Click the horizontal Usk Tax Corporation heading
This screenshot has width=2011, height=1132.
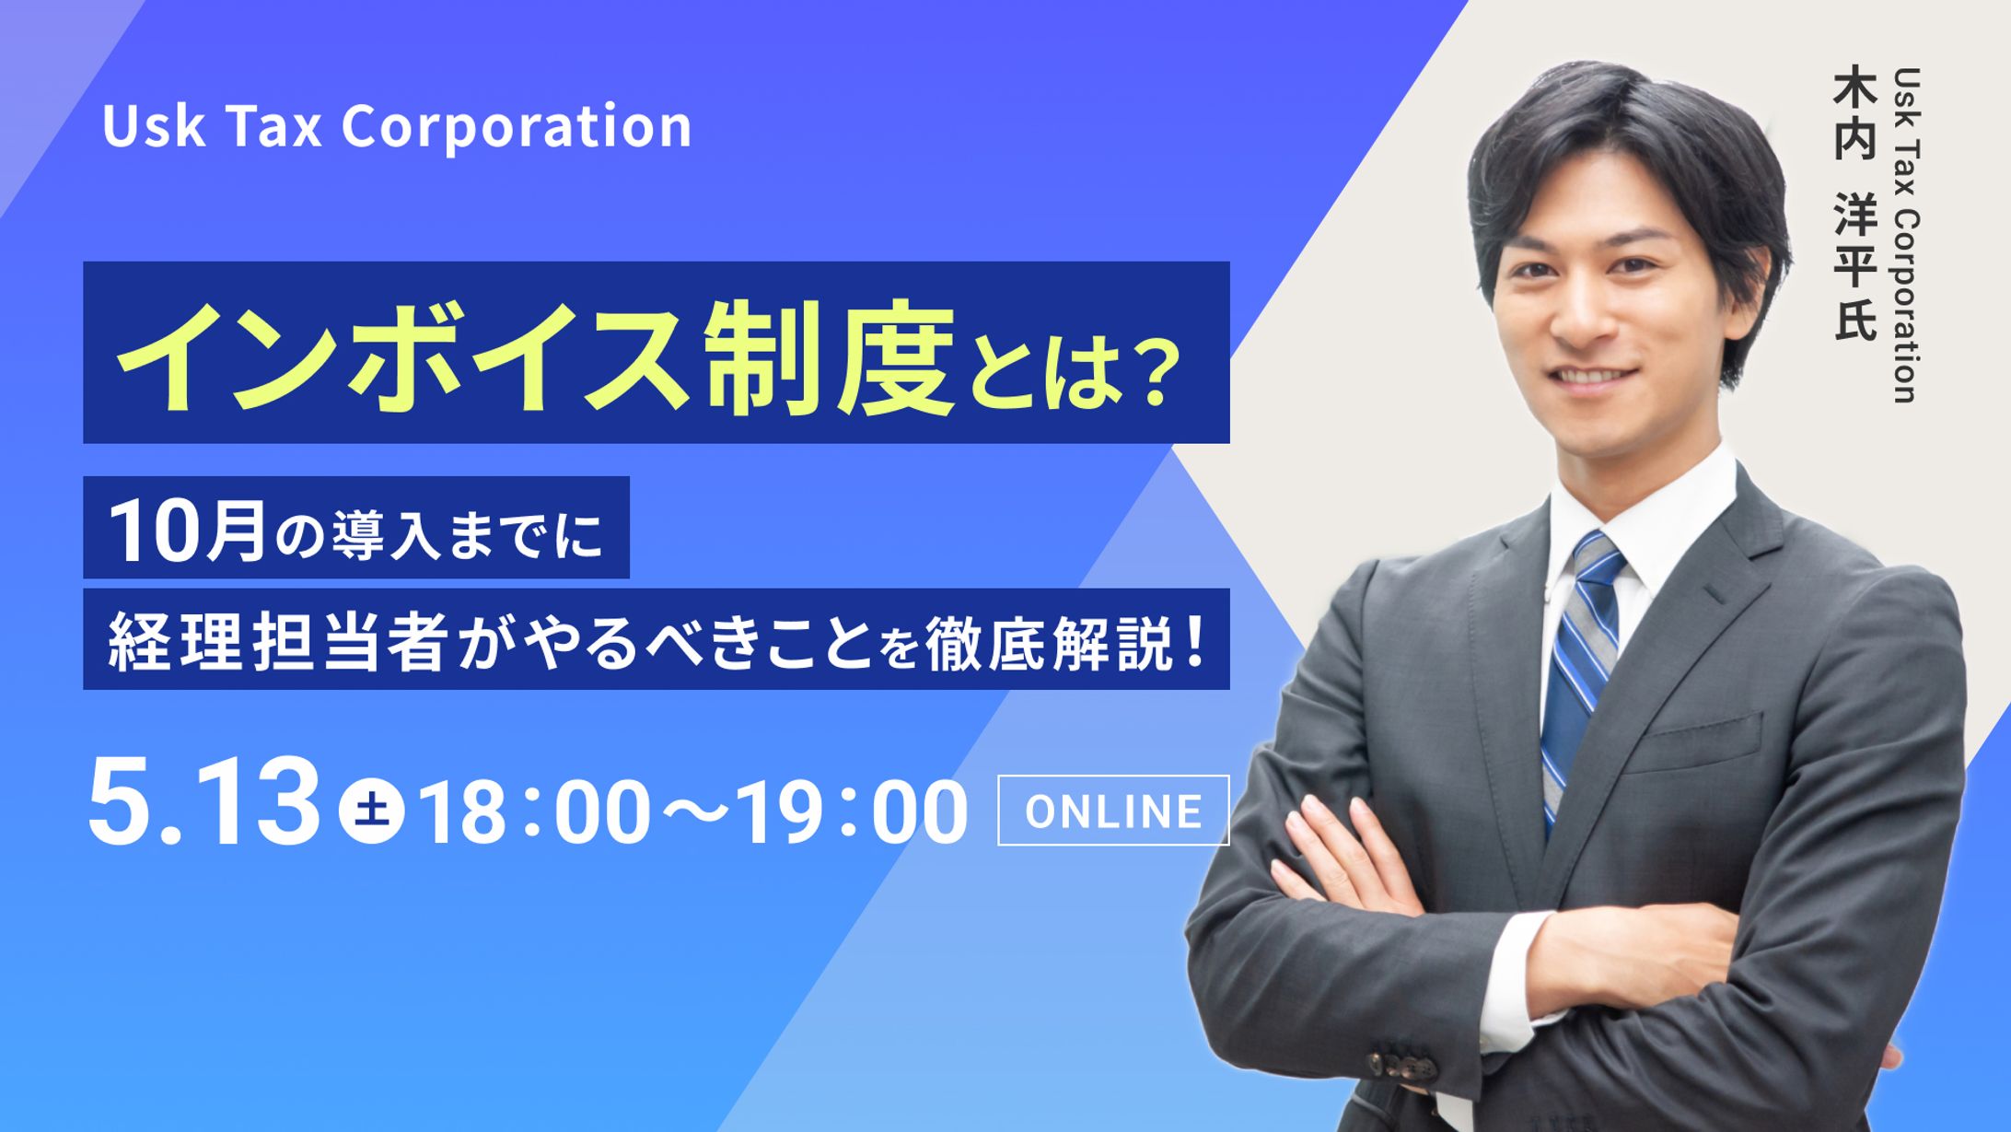pyautogui.click(x=397, y=126)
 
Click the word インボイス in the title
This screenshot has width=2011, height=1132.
pyautogui.click(x=405, y=355)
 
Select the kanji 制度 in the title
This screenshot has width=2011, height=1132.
pyautogui.click(x=829, y=356)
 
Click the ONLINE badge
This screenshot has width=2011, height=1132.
pyautogui.click(x=1113, y=811)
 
